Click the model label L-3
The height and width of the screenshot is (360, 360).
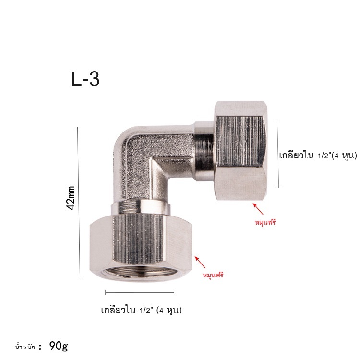click(85, 79)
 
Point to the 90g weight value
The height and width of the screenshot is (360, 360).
click(59, 346)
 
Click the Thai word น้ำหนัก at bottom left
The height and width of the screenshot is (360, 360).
click(25, 347)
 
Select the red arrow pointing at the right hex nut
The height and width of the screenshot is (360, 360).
click(258, 208)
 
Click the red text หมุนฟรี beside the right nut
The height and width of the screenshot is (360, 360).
click(265, 222)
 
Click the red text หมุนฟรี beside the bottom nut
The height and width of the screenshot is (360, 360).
click(213, 275)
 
